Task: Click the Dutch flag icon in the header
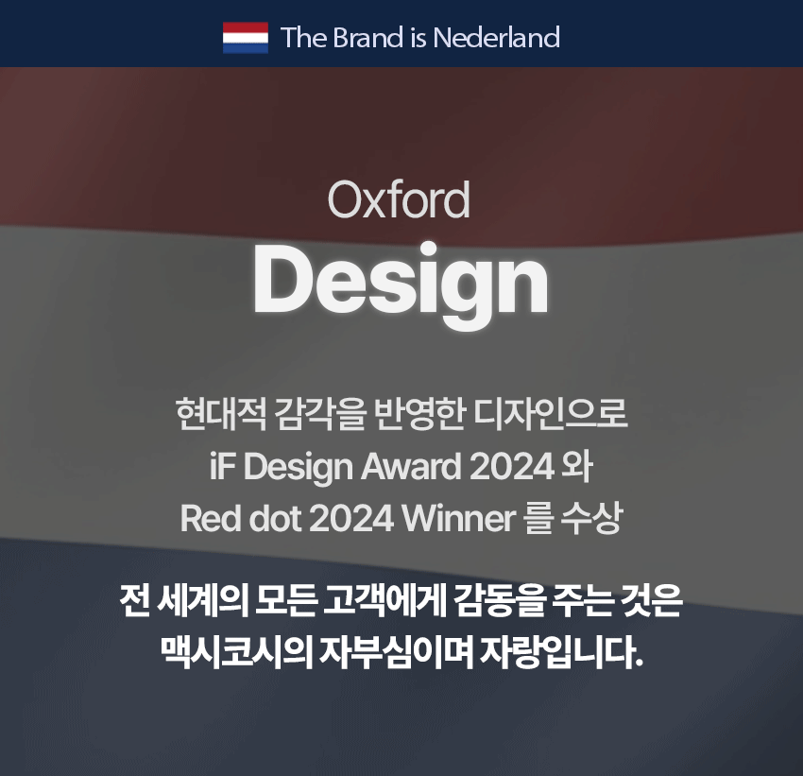tap(246, 38)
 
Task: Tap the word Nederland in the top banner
tap(496, 38)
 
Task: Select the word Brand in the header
tap(367, 38)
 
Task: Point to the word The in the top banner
tap(304, 38)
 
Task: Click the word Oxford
tap(399, 199)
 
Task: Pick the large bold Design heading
tap(401, 284)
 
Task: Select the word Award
tap(411, 467)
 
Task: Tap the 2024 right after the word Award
tap(512, 467)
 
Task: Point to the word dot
tap(275, 518)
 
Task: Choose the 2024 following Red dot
tap(351, 518)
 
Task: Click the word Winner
tap(459, 518)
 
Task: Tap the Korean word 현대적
tap(221, 414)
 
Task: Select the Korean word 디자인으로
tap(551, 414)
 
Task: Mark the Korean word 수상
tap(592, 518)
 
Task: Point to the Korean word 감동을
tap(497, 601)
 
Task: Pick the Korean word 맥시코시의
tap(236, 653)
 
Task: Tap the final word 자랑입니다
tap(561, 653)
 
